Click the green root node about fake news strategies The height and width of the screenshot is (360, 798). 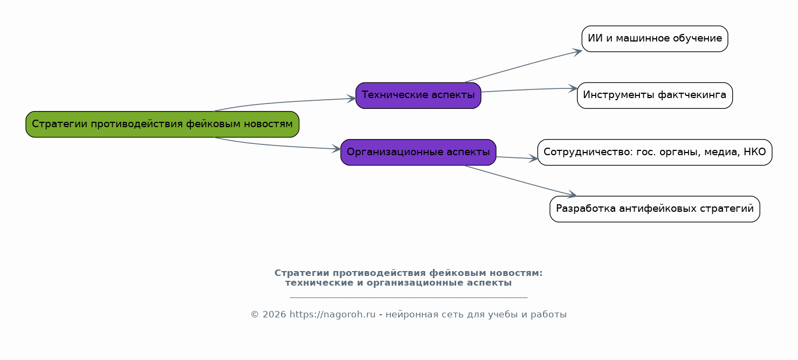point(162,124)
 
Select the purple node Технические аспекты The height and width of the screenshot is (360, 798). point(418,95)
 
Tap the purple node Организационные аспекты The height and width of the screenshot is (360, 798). point(418,153)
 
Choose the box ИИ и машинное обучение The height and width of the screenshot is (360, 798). point(655,39)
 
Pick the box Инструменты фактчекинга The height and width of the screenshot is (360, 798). point(655,95)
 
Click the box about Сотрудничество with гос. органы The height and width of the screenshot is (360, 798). point(655,153)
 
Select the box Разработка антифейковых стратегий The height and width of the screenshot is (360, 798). point(655,209)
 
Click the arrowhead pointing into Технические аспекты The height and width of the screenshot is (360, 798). point(352,99)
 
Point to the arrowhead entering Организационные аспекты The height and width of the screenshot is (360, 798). point(336,149)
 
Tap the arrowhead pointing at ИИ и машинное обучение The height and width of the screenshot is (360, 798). point(577,52)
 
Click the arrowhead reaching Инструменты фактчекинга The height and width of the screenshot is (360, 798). point(573,88)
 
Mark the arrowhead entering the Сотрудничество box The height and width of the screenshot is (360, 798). point(533,158)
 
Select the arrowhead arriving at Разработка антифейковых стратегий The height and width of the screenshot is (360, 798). point(572,194)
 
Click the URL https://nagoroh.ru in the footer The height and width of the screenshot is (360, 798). point(332,314)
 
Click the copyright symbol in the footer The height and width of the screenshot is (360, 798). point(254,315)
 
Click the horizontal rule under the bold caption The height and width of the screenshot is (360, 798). point(409,297)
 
